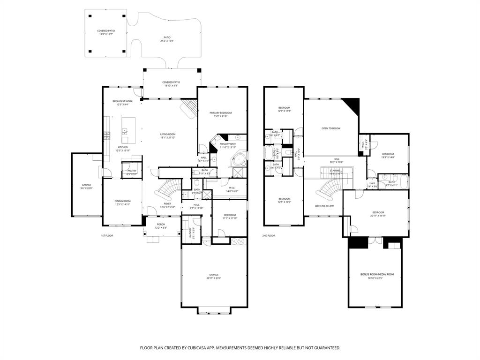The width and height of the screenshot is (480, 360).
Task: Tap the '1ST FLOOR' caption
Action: [107, 235]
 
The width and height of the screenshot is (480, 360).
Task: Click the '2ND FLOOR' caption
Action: [269, 235]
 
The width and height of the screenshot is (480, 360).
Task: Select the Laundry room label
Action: [191, 232]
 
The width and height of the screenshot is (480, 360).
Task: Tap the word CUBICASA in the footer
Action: [199, 348]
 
